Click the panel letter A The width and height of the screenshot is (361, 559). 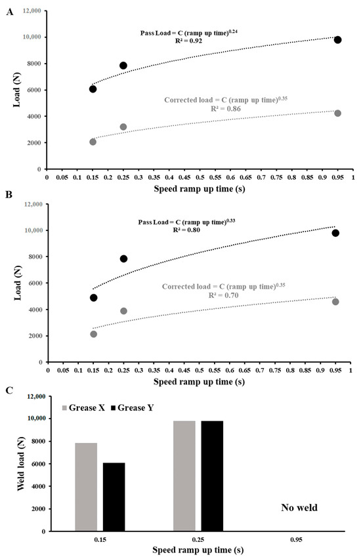coord(9,10)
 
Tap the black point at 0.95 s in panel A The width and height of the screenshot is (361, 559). coord(337,40)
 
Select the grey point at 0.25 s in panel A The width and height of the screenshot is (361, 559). coord(123,127)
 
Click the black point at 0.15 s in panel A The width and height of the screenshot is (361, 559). coord(93,89)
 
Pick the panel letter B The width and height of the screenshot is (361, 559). coord(9,194)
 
